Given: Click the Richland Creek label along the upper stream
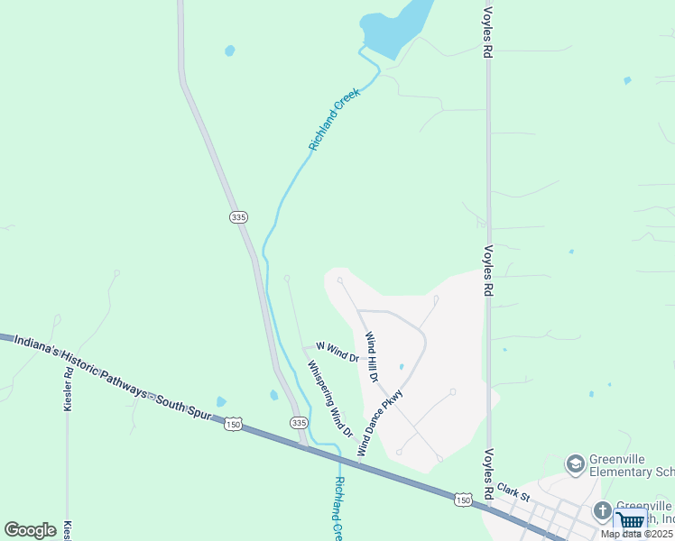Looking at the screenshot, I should click(x=335, y=118).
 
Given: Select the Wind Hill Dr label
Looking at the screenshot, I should click(x=371, y=355).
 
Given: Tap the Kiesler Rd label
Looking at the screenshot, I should click(x=68, y=389).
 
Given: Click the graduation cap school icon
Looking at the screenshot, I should click(x=574, y=464).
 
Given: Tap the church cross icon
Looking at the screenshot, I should click(x=603, y=511).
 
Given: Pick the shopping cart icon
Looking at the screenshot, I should click(x=630, y=519).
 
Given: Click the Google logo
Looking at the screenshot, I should click(x=30, y=530).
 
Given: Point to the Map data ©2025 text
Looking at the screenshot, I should click(x=637, y=534).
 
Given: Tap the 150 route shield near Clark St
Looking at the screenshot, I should click(x=463, y=499).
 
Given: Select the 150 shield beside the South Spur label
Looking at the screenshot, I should click(x=234, y=423).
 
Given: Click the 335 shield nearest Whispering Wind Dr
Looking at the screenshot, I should click(x=299, y=422).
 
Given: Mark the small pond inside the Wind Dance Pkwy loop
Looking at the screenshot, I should click(x=401, y=367).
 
